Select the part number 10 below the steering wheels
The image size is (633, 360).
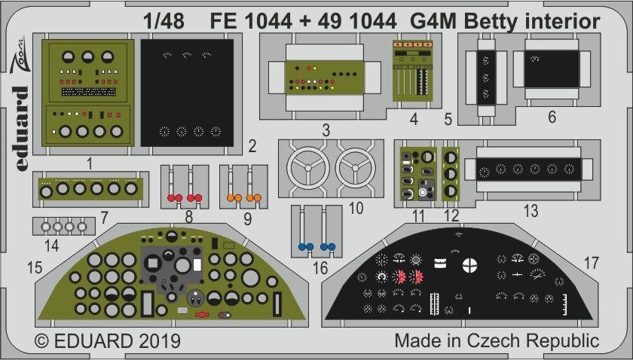coord(356,206)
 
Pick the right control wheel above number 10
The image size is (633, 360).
coord(357,167)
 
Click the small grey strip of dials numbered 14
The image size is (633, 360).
coord(63,226)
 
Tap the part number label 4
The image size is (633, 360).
coord(414,118)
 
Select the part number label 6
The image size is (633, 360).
coord(552,118)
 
